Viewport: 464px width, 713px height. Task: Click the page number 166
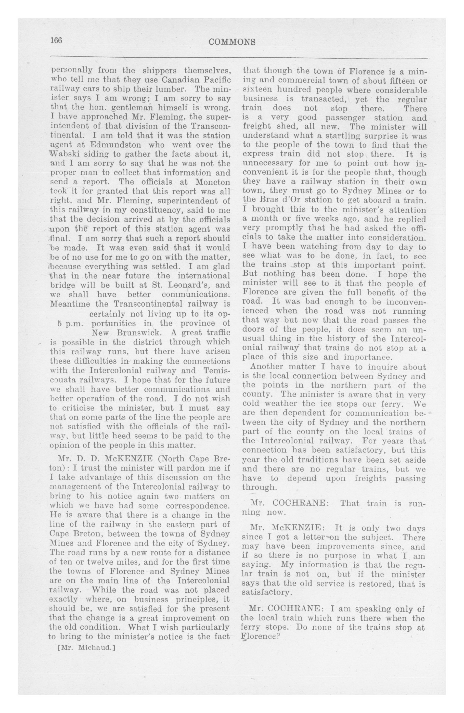pyautogui.click(x=56, y=40)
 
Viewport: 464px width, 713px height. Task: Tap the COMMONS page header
pyautogui.click(x=232, y=42)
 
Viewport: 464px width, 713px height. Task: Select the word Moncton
pyautogui.click(x=213, y=182)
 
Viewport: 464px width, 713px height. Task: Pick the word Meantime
pyautogui.click(x=70, y=304)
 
